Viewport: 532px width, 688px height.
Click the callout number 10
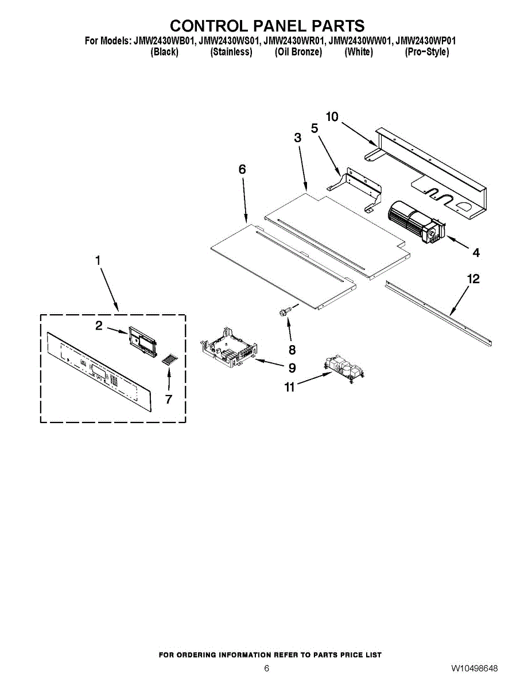click(332, 117)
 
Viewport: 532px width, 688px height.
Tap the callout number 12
click(473, 280)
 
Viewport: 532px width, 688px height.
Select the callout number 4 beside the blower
click(476, 252)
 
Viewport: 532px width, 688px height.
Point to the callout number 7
click(169, 400)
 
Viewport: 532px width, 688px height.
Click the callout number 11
click(290, 388)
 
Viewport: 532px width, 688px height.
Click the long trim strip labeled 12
click(439, 312)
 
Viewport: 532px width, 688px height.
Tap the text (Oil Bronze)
click(298, 52)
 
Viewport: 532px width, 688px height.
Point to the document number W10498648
click(474, 669)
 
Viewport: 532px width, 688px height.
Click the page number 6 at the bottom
click(266, 669)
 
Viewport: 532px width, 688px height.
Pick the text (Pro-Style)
click(427, 52)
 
